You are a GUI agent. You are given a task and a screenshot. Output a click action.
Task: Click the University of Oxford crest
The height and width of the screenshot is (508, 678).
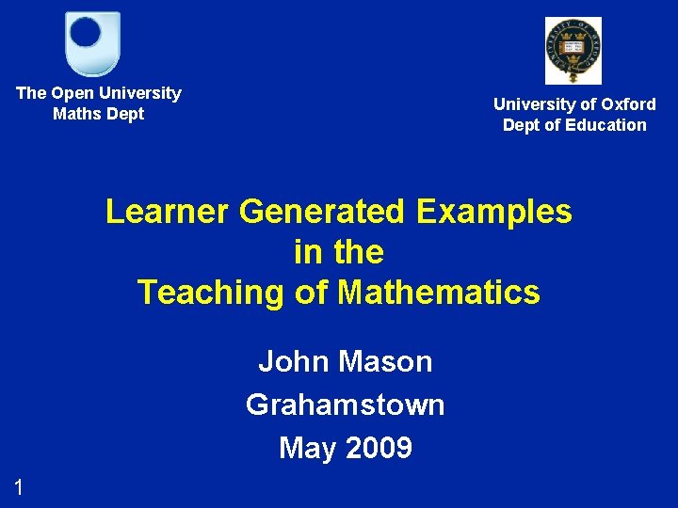tap(573, 50)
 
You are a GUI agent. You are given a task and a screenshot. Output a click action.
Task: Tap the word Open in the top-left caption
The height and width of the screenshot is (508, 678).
tap(71, 93)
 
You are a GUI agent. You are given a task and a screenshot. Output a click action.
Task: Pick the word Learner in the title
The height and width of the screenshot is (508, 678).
tap(168, 212)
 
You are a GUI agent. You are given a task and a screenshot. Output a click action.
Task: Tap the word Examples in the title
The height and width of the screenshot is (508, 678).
tap(494, 212)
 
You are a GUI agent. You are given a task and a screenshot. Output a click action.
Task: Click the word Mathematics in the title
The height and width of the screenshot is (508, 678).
tap(439, 293)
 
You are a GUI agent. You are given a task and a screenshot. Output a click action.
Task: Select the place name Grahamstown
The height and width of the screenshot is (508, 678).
tap(345, 405)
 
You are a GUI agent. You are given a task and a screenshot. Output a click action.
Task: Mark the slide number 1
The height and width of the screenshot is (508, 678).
tap(18, 486)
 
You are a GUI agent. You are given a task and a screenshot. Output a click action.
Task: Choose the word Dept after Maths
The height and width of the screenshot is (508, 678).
tap(126, 114)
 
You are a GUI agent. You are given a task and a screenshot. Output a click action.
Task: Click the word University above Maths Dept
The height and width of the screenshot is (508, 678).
tap(140, 93)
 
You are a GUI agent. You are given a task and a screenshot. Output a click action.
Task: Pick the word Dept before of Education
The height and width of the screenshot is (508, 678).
tap(523, 125)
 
